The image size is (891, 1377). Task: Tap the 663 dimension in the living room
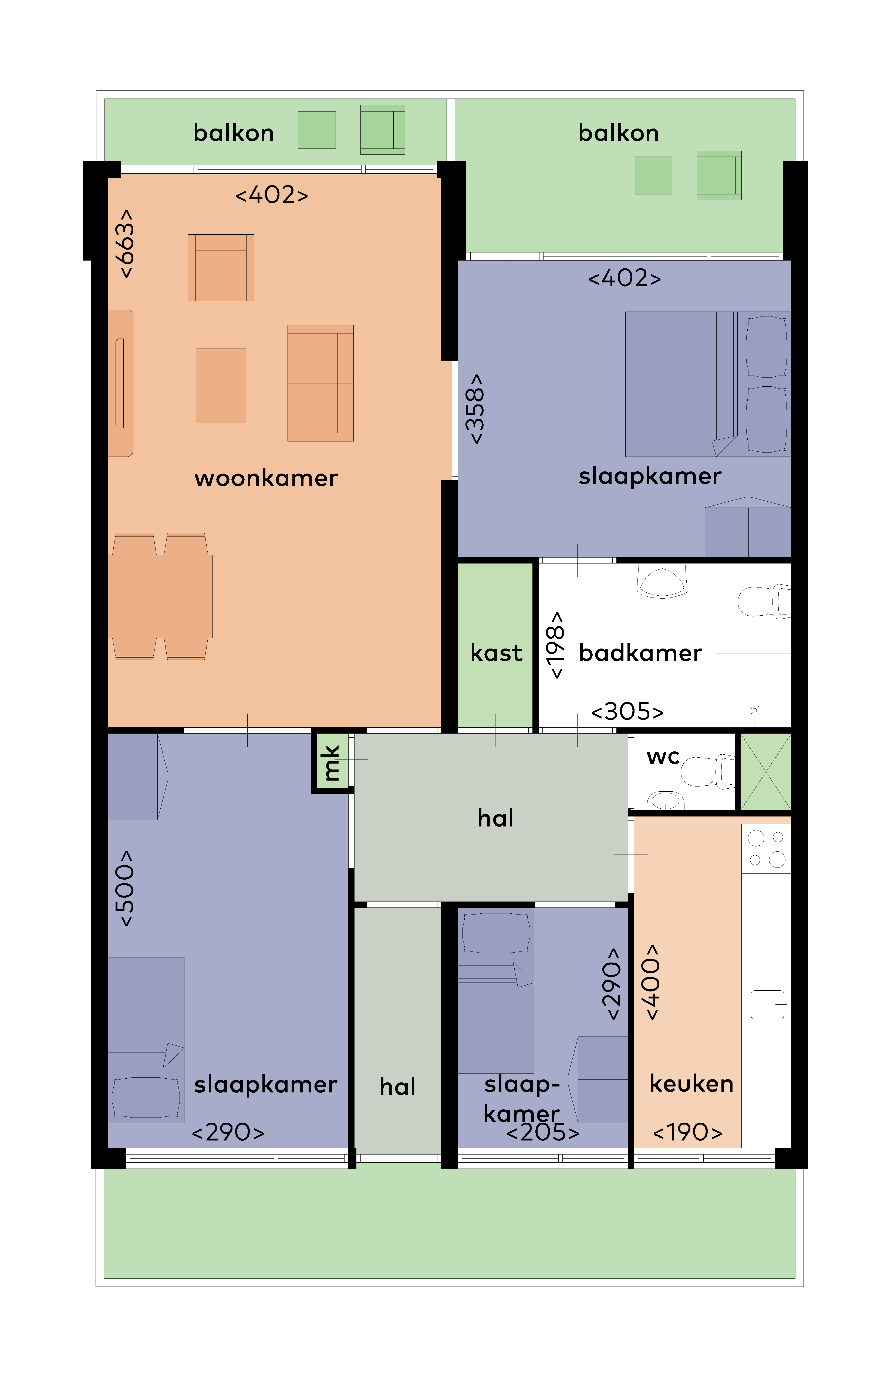pyautogui.click(x=126, y=244)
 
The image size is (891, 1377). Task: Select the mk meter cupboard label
pyautogui.click(x=331, y=762)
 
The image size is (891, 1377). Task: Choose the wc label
pyautogui.click(x=663, y=757)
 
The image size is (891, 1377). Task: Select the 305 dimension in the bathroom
pyautogui.click(x=627, y=712)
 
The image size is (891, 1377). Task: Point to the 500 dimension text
pyautogui.click(x=125, y=889)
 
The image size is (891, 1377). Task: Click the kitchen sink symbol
pyautogui.click(x=768, y=1004)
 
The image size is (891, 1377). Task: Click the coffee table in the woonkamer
pyautogui.click(x=221, y=386)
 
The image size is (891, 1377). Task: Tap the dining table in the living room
pyautogui.click(x=160, y=596)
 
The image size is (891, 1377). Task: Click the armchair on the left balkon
pyautogui.click(x=382, y=130)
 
